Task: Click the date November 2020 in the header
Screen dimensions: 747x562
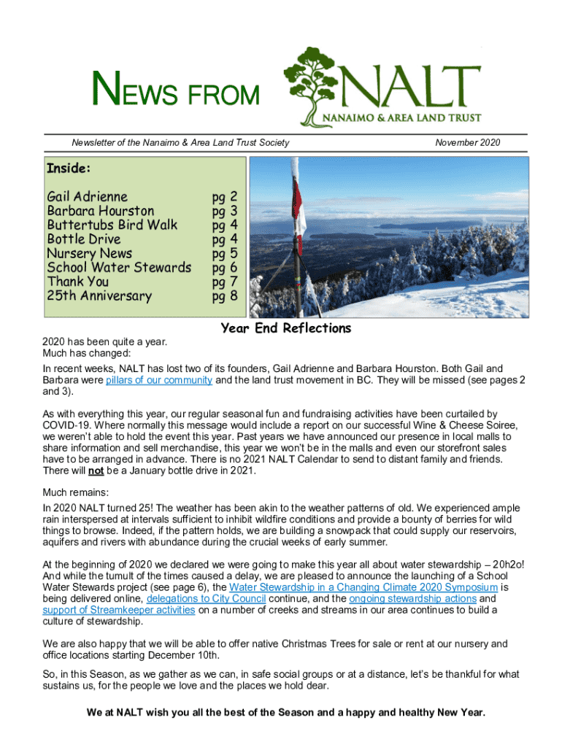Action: [467, 142]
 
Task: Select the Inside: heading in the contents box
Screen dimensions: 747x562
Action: [69, 169]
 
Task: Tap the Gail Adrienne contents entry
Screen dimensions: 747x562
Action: [87, 196]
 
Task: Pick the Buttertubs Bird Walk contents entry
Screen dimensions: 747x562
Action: [112, 225]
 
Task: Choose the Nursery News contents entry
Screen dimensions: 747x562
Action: [90, 253]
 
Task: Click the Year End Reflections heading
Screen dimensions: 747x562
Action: [286, 328]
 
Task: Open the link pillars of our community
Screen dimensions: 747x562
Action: [159, 380]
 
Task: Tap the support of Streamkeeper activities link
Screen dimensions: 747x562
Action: [119, 610]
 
